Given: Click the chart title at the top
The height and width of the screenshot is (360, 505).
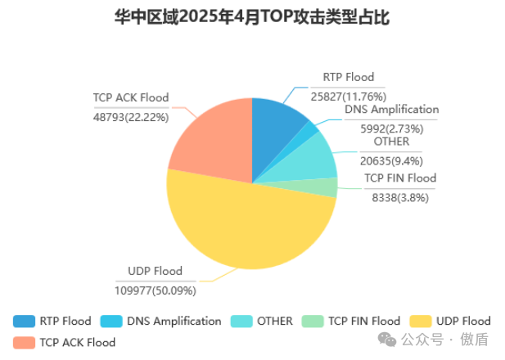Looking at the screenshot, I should click(x=251, y=18).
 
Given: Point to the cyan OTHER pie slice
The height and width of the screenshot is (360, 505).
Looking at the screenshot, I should click(x=315, y=155).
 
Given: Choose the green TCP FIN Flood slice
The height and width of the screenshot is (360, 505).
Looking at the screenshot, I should click(x=323, y=187).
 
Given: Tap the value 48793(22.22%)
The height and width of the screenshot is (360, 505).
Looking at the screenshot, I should click(x=131, y=116).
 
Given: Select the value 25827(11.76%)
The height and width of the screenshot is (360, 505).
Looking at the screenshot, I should click(x=348, y=96).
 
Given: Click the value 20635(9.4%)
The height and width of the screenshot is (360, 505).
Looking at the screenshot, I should click(x=392, y=160).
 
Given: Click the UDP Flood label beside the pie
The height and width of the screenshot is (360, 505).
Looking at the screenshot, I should click(x=156, y=271).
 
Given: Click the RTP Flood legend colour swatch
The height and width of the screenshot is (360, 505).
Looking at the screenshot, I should click(x=25, y=321).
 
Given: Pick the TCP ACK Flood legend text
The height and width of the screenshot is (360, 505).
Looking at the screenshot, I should click(x=78, y=342).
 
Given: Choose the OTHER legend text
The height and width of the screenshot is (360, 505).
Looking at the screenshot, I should click(x=274, y=321).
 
